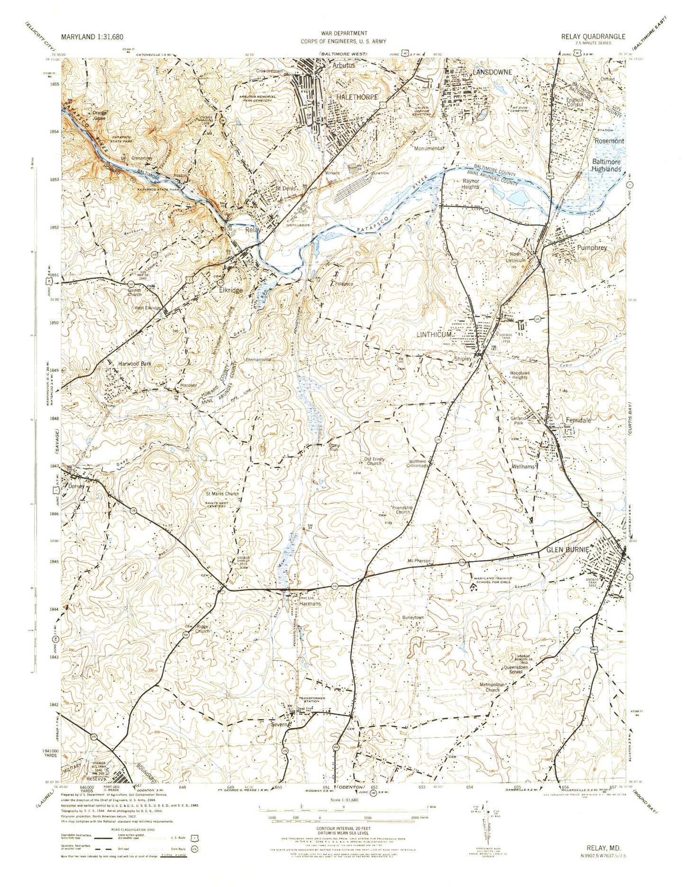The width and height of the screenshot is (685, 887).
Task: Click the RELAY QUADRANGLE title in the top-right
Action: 593,36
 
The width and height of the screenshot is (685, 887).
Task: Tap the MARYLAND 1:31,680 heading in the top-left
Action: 90,36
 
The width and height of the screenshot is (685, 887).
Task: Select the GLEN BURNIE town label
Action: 568,550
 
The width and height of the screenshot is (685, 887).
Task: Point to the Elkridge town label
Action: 231,290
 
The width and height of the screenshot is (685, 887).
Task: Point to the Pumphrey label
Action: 592,247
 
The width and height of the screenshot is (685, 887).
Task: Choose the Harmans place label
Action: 310,604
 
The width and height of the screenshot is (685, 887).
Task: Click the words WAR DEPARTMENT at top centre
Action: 344,33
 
